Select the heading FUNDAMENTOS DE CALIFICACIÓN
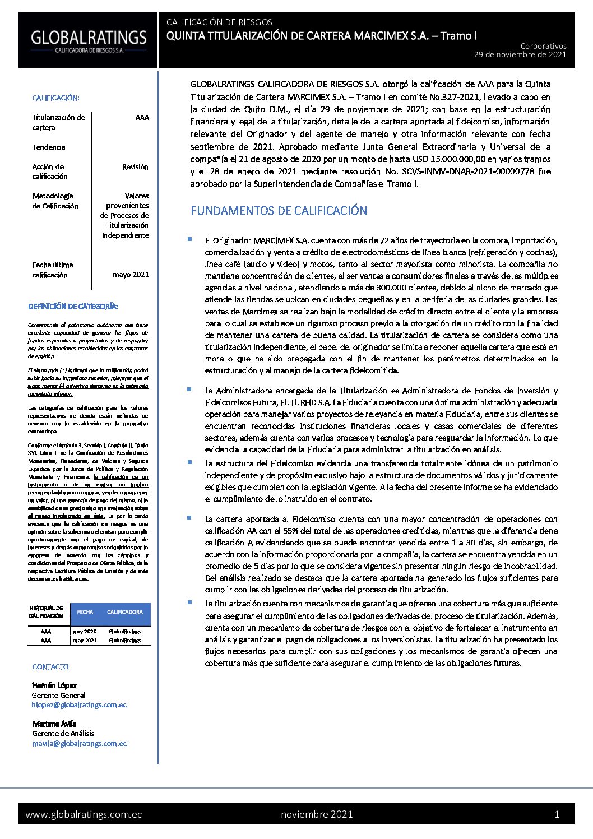click(279, 211)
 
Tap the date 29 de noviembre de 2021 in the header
click(520, 55)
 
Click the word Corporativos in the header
click(543, 46)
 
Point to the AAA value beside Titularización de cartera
click(142, 118)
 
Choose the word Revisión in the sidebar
click(135, 167)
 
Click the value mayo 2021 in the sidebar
click(131, 275)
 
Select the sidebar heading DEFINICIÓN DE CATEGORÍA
click(73, 307)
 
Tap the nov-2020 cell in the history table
click(85, 632)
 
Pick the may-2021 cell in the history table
click(85, 641)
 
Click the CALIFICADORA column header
click(124, 613)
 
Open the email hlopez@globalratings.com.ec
click(79, 705)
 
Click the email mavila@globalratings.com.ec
click(79, 744)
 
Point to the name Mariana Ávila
click(54, 724)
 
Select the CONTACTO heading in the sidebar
click(50, 667)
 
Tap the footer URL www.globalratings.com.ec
click(84, 814)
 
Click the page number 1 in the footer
click(557, 814)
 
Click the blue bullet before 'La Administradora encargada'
click(189, 389)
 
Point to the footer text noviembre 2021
click(317, 814)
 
